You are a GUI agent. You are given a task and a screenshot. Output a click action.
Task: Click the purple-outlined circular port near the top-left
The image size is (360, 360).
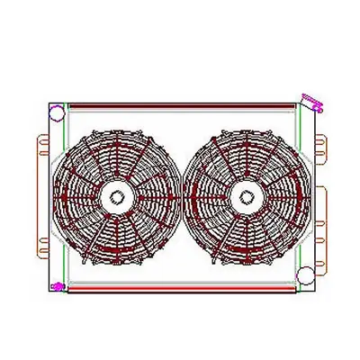tap(57, 114)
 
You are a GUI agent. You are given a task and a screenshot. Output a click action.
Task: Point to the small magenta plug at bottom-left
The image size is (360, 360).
tap(58, 287)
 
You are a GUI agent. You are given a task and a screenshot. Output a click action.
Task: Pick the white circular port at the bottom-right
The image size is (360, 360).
tap(306, 287)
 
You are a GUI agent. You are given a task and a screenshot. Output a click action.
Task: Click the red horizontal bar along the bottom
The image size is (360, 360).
tap(180, 290)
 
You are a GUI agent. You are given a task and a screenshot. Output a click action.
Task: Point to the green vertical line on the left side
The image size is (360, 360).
tap(65, 198)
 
